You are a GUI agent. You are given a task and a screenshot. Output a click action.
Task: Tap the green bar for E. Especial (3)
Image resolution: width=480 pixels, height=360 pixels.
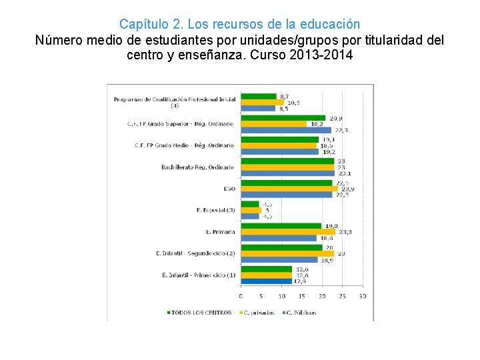(250, 204)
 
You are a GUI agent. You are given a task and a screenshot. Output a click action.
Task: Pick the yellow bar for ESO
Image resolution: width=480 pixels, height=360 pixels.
(289, 189)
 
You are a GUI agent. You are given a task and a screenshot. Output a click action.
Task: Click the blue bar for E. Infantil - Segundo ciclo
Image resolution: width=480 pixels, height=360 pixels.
(279, 260)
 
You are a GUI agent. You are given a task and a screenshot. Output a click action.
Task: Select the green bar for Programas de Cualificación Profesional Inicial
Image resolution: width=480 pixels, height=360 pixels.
(258, 97)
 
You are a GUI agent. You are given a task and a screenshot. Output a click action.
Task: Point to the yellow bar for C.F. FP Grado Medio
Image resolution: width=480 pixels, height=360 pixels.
(279, 145)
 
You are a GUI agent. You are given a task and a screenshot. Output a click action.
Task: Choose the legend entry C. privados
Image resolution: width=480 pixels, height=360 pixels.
(258, 312)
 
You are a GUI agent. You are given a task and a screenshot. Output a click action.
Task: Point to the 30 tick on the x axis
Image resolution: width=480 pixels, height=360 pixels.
(362, 295)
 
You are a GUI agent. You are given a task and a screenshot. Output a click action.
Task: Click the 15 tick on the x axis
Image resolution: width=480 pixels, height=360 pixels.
(301, 295)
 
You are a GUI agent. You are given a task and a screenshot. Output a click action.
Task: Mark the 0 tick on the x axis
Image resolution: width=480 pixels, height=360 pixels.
(241, 295)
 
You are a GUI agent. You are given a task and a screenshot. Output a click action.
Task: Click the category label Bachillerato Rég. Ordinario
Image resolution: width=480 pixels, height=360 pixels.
(198, 167)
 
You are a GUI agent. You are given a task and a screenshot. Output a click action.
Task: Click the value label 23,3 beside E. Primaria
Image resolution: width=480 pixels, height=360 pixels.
(345, 232)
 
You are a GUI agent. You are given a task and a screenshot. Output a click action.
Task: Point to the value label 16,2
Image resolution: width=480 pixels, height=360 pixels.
(316, 124)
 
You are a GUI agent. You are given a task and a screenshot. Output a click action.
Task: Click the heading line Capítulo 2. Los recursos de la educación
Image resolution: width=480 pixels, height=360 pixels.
(239, 25)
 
